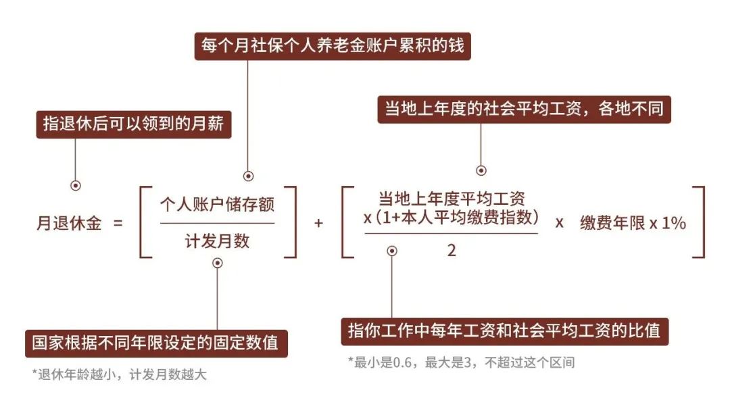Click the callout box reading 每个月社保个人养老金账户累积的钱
click(333, 46)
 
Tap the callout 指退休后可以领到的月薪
click(134, 124)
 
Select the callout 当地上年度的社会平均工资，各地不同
click(525, 110)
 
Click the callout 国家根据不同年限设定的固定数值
click(156, 343)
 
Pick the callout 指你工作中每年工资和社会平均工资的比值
click(505, 331)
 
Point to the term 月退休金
click(69, 223)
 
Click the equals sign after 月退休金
click(118, 224)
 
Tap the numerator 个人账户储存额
click(218, 204)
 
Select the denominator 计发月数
click(218, 241)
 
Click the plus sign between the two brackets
click(318, 224)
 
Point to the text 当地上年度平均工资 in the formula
click(451, 199)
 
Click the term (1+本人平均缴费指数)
click(457, 218)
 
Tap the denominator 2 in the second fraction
click(451, 251)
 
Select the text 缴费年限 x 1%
click(633, 224)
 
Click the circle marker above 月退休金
click(76, 185)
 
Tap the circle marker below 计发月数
click(218, 263)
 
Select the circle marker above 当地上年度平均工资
click(481, 171)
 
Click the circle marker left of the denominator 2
click(392, 251)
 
